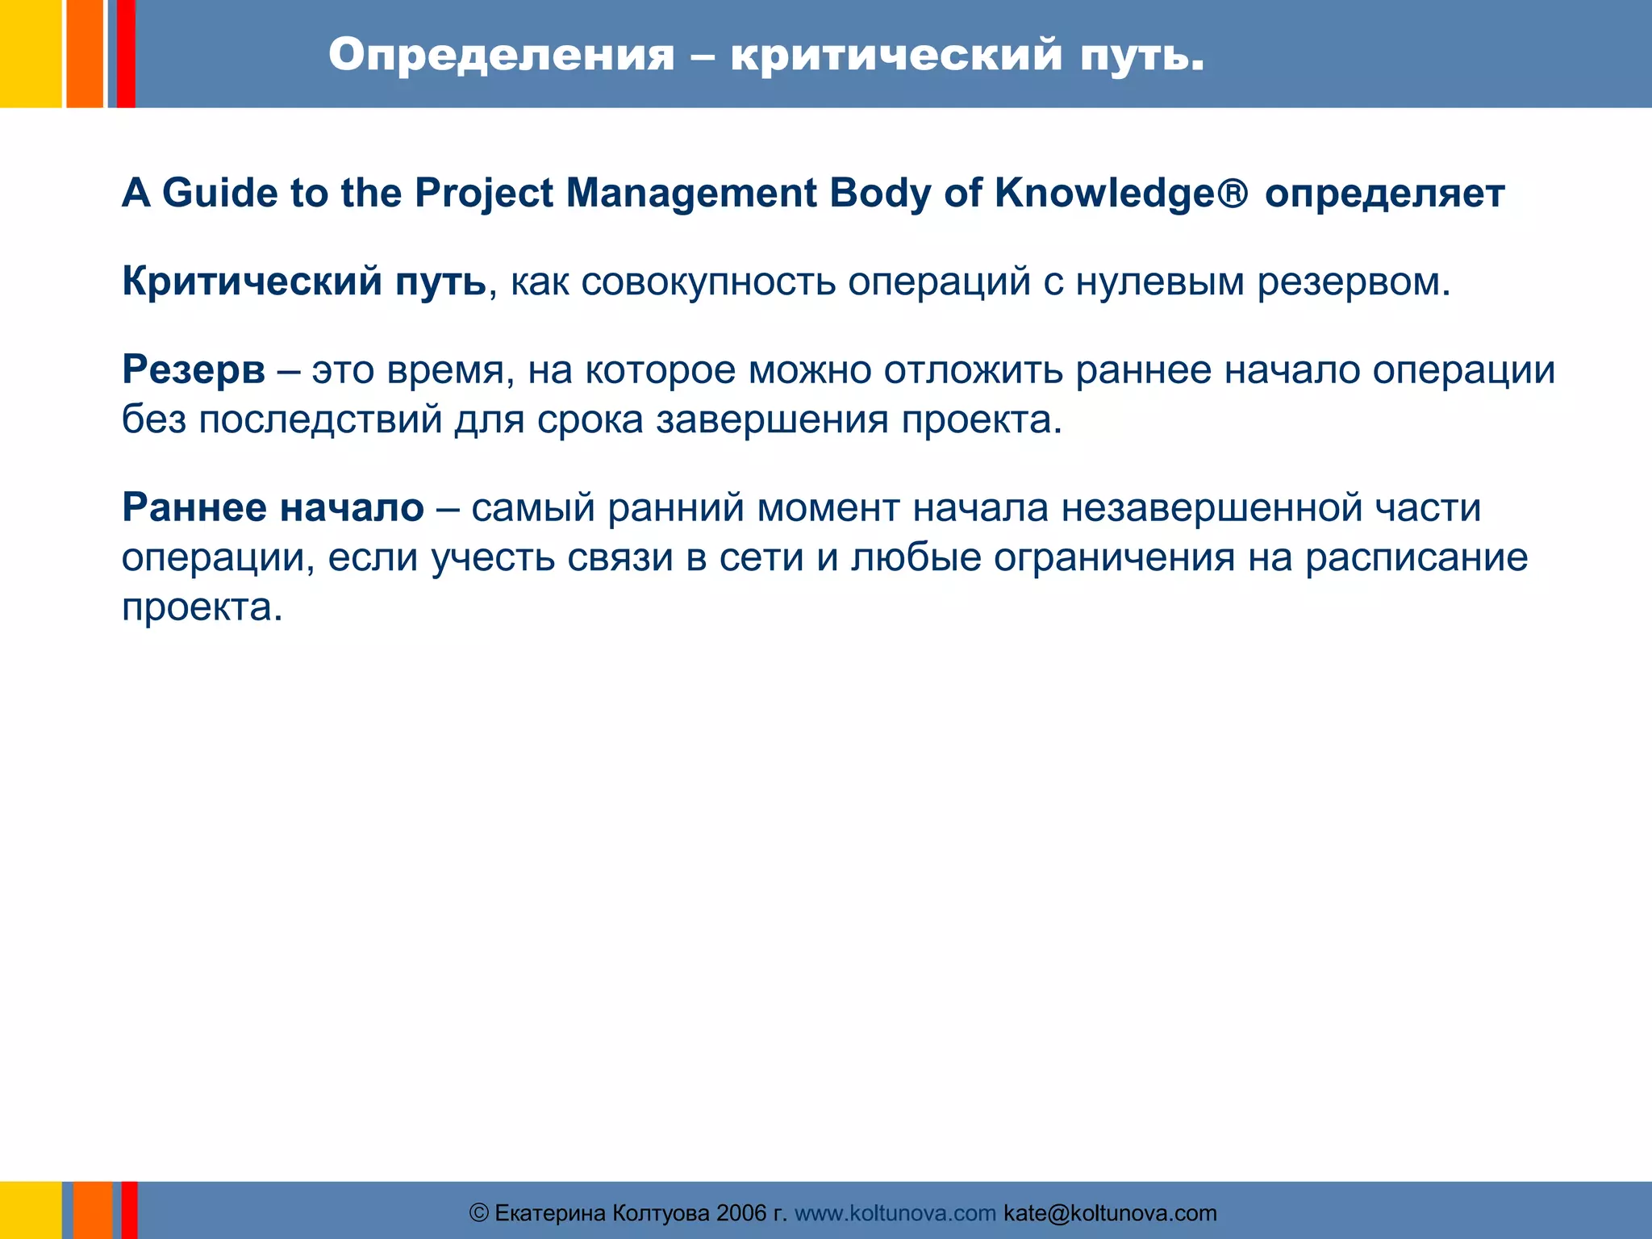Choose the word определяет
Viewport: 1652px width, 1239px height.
[1384, 194]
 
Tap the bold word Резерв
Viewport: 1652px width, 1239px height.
[194, 370]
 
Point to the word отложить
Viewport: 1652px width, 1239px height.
[973, 370]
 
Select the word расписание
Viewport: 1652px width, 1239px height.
[1416, 557]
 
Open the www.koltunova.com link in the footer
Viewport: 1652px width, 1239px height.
[895, 1213]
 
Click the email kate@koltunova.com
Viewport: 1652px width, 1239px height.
[1110, 1213]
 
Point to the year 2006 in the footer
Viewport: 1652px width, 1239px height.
[741, 1213]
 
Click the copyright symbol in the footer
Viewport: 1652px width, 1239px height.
[479, 1213]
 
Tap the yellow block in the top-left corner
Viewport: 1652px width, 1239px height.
[31, 53]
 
